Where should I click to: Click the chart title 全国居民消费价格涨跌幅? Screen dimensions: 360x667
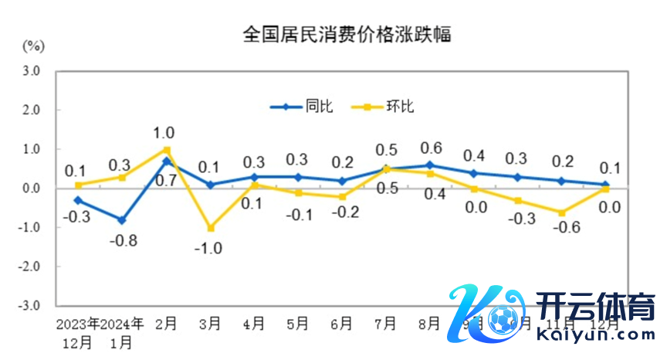pos(347,35)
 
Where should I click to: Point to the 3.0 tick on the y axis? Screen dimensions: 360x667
pos(31,71)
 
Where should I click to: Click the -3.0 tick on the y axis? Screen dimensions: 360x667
pos(29,305)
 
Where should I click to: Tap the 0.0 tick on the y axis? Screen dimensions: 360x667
pos(31,188)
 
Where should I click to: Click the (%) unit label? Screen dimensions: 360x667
pos(32,45)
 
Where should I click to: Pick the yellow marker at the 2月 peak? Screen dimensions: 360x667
pos(167,149)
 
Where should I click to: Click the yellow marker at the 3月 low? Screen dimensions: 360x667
pos(211,228)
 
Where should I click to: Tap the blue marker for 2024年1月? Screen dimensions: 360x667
pos(123,219)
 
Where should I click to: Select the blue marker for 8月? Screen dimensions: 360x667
pos(431,165)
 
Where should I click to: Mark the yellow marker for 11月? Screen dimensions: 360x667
pos(563,212)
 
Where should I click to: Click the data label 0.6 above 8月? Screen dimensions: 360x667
pos(431,148)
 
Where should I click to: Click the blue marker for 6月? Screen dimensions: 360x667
pos(343,181)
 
